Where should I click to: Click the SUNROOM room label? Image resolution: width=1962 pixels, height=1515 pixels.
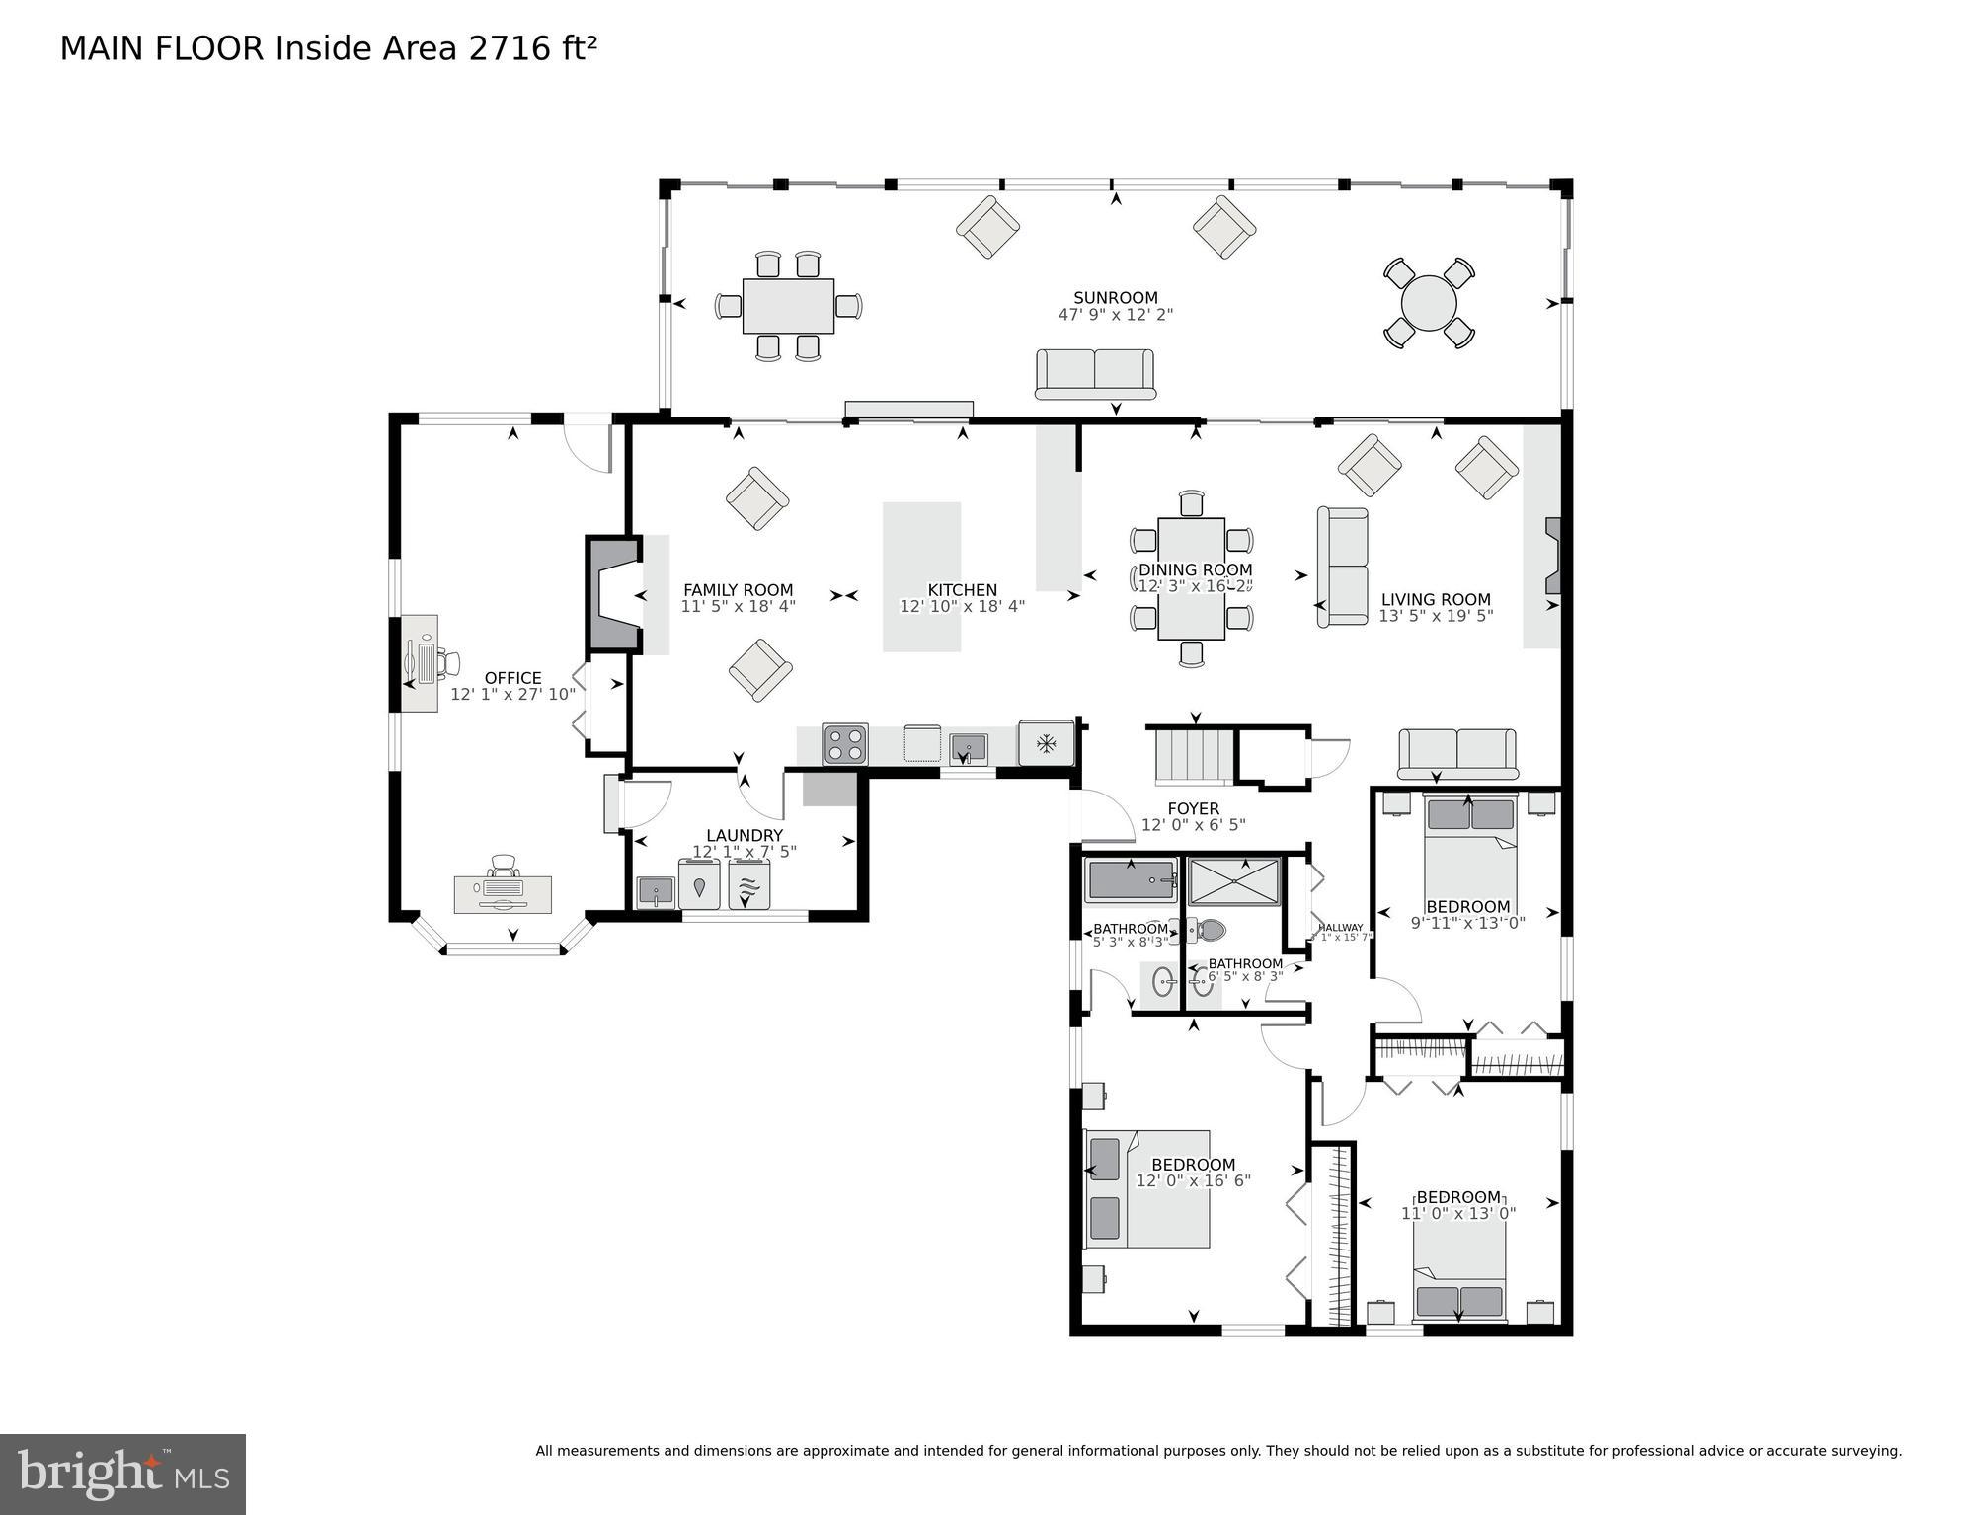click(x=1115, y=297)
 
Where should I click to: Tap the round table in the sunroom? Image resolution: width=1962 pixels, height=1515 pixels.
click(x=1428, y=303)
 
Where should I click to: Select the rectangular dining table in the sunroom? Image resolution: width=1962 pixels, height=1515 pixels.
click(x=788, y=306)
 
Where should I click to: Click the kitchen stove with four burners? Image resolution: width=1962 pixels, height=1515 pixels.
click(x=845, y=744)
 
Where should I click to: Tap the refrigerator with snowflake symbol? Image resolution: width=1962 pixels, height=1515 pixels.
click(x=1046, y=742)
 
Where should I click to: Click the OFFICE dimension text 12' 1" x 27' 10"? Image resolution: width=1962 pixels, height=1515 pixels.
click(x=512, y=695)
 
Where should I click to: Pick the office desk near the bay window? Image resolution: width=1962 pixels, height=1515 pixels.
click(x=503, y=893)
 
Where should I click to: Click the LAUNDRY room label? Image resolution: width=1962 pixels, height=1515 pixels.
click(x=744, y=835)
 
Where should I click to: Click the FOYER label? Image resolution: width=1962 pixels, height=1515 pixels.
click(x=1193, y=808)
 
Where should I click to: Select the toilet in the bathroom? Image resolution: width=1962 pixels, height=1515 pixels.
click(x=1206, y=929)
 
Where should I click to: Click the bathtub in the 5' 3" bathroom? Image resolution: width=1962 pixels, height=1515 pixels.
click(x=1130, y=880)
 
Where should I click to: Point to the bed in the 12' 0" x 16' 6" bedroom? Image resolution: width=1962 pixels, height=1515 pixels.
click(x=1150, y=1189)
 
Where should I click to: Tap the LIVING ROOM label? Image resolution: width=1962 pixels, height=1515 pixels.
click(x=1435, y=599)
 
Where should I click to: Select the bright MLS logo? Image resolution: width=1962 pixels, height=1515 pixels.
click(x=122, y=1474)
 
